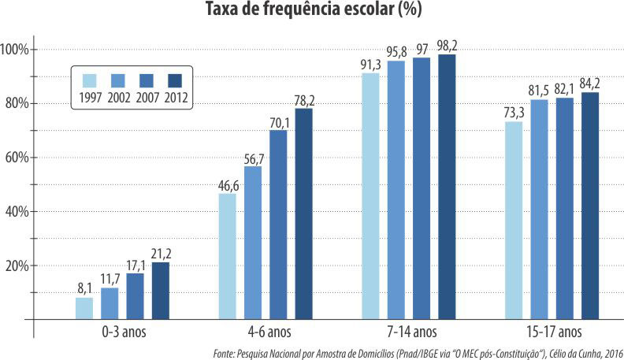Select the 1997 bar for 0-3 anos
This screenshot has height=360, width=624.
tap(84, 308)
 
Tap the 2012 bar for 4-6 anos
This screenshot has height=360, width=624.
tap(303, 213)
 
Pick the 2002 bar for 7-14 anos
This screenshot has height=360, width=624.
tap(396, 190)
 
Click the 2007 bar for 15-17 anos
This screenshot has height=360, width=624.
tap(565, 208)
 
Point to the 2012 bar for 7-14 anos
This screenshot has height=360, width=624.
tap(447, 187)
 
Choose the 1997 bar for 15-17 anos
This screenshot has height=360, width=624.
tap(514, 220)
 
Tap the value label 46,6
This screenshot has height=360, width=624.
tap(226, 185)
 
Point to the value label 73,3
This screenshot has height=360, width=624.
tap(514, 113)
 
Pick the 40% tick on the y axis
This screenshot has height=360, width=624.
tap(17, 212)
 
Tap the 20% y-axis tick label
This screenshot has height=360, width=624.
tap(17, 266)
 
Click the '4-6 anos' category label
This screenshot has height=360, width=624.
tap(266, 332)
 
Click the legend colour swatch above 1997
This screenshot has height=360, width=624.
tap(90, 80)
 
